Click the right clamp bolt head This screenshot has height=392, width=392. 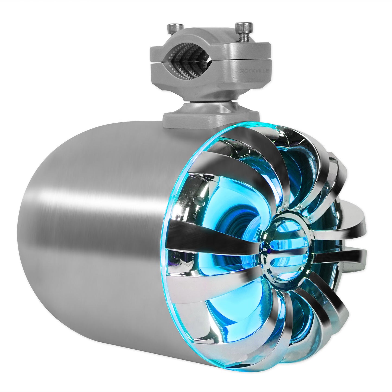click(240, 26)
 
